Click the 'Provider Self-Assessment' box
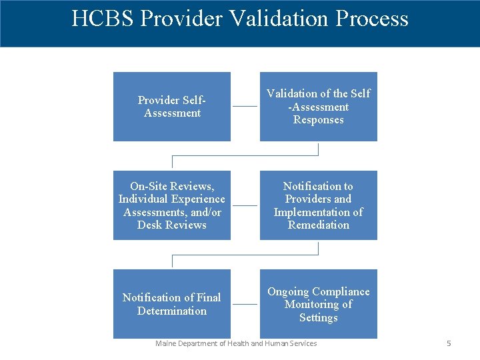[171, 107]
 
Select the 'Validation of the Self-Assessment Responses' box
[318, 107]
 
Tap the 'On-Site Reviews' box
[171, 205]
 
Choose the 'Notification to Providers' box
[318, 205]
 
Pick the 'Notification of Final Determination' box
[171, 304]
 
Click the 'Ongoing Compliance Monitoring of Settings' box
[318, 304]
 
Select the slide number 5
[449, 343]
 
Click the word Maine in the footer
[165, 343]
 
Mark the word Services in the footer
[302, 343]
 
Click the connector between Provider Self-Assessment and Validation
[245, 107]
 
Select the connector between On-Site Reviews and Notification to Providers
[245, 205]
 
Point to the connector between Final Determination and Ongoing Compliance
[245, 304]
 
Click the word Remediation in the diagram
[318, 225]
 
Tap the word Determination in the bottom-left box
[171, 311]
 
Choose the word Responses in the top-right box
[318, 120]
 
